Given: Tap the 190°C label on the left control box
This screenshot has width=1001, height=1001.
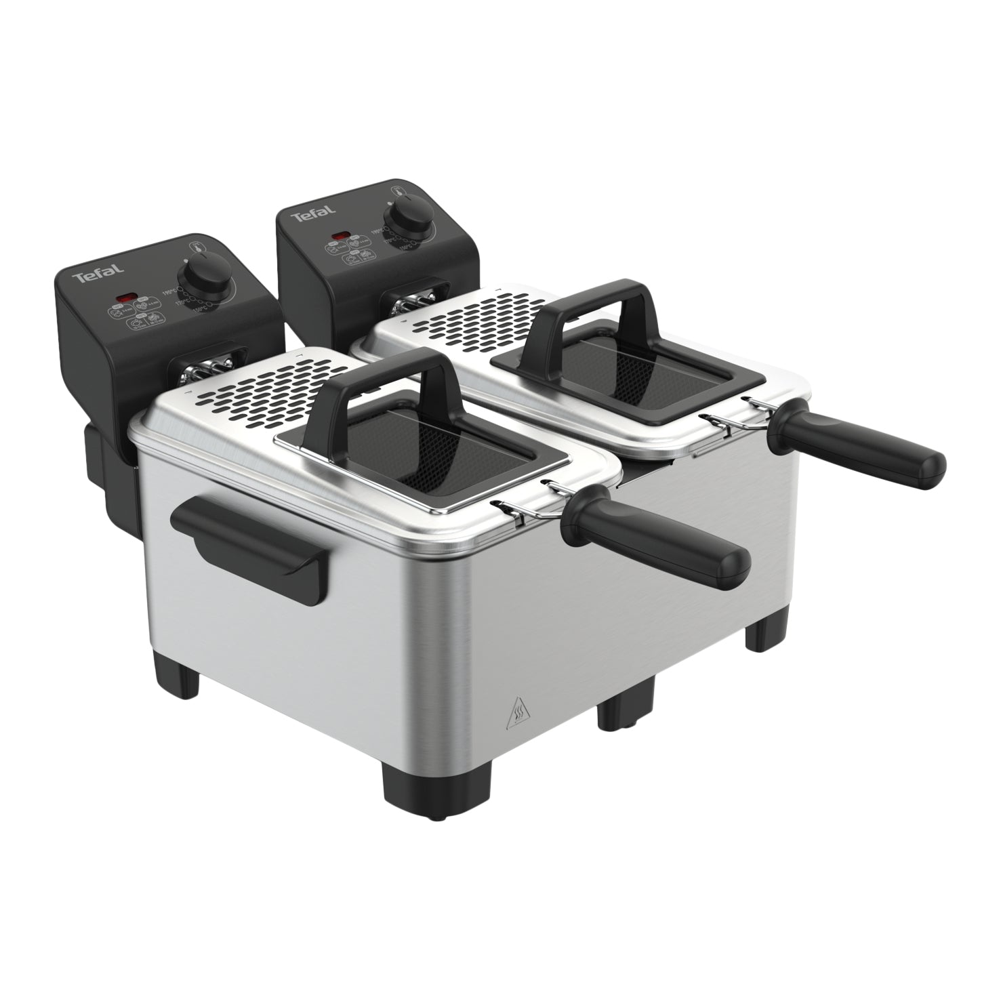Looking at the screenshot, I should (x=169, y=292).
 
